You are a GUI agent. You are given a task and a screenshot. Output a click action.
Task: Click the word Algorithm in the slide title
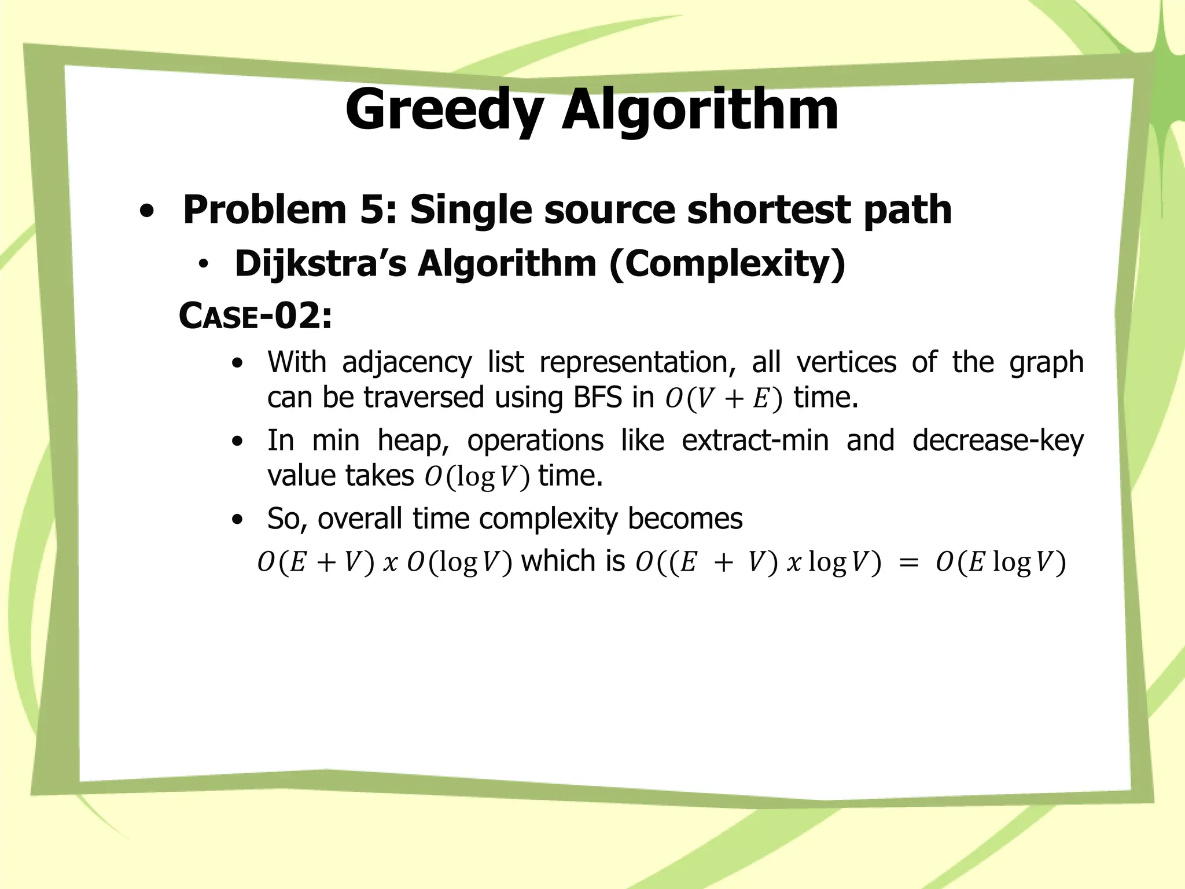point(700,110)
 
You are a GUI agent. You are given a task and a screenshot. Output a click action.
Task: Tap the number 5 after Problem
point(376,210)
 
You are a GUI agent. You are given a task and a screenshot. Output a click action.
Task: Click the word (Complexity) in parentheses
point(727,264)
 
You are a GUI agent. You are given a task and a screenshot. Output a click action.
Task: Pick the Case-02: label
point(255,316)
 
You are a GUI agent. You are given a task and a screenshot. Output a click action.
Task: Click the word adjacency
point(407,362)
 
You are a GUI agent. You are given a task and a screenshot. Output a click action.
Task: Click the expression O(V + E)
point(723,399)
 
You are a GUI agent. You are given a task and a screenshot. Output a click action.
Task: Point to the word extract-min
point(755,440)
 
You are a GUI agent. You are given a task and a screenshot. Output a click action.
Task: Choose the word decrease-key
point(998,440)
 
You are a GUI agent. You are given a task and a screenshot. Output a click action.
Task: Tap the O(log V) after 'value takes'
point(477,477)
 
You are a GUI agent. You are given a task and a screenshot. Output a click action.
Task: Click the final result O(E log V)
point(1000,562)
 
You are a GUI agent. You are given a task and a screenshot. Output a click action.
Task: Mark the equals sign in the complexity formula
point(909,562)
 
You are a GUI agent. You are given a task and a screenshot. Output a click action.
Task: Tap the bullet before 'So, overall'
point(237,520)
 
